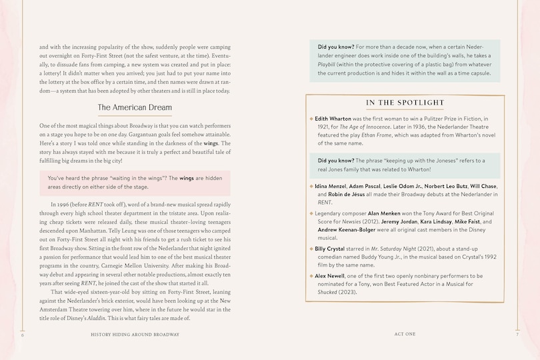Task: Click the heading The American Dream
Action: [135, 107]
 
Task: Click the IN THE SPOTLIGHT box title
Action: [405, 103]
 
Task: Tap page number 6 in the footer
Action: [23, 334]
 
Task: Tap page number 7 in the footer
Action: [517, 334]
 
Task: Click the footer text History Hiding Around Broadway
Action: [135, 334]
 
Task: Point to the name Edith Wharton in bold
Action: [336, 118]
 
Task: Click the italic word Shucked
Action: [328, 292]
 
